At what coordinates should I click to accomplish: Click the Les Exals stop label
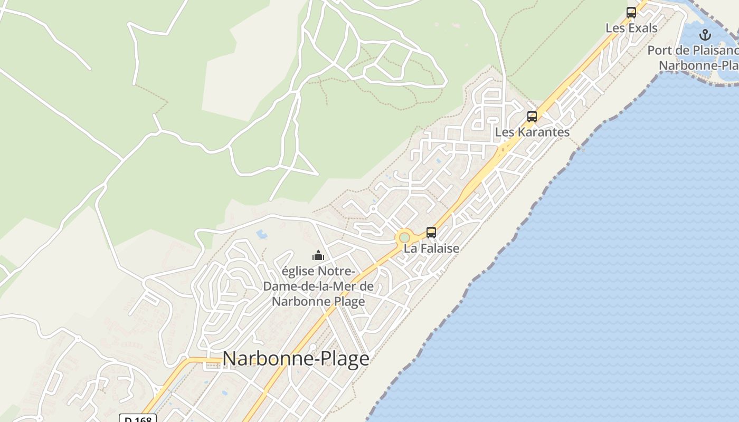[631, 28]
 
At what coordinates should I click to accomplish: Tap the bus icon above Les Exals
[631, 13]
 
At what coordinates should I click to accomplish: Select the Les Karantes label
[532, 132]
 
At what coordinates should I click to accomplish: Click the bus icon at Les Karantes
[532, 117]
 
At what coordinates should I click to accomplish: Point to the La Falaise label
[431, 248]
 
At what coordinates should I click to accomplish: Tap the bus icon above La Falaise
[431, 232]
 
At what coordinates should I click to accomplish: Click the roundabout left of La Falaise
[404, 238]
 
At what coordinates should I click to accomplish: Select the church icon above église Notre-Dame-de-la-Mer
[318, 256]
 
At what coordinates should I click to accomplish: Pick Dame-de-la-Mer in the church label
[318, 286]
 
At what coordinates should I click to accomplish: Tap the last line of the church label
[318, 302]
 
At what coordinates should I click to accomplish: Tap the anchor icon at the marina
[705, 35]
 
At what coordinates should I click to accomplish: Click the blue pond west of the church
[262, 234]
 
